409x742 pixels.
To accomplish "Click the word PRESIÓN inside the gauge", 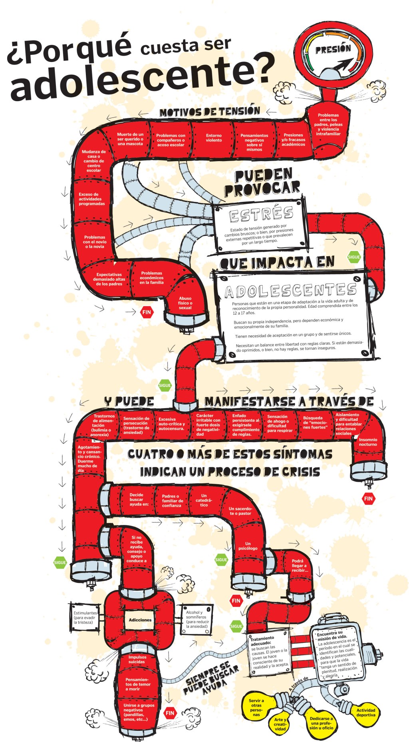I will tap(333, 50).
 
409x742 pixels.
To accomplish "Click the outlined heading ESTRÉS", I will tap(262, 214).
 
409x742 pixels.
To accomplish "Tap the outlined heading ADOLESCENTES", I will tap(290, 290).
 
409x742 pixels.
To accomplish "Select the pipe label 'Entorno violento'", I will tap(214, 138).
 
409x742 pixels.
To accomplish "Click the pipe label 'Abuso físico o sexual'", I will tap(185, 303).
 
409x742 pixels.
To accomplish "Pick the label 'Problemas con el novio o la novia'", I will tap(94, 242).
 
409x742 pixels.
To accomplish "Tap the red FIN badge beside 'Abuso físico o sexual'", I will tap(147, 312).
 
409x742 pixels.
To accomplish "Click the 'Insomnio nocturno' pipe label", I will tap(367, 442).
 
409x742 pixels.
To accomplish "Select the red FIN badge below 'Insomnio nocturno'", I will tap(368, 499).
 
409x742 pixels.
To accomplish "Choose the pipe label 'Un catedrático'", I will tap(204, 500).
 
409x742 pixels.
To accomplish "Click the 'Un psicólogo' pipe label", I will tap(248, 546).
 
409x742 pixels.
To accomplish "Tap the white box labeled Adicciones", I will tap(140, 620).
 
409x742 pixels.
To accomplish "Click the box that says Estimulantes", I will tap(85, 618).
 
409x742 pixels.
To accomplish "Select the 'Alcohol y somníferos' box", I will tap(197, 619).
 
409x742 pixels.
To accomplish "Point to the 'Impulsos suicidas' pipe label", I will tap(137, 659).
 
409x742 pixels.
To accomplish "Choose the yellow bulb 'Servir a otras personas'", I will tap(256, 707).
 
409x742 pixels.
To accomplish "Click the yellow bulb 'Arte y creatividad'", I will tap(280, 724).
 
